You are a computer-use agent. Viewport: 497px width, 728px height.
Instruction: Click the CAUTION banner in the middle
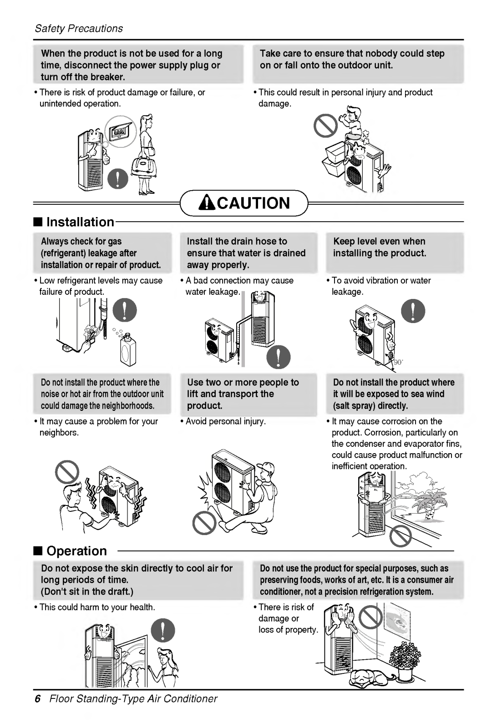point(244,203)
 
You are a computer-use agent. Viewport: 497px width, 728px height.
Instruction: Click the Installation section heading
point(80,222)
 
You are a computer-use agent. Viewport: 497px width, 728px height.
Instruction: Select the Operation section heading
point(76,551)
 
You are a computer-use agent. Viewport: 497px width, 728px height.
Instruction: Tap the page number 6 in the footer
point(38,698)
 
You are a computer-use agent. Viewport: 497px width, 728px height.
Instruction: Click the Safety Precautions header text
point(79,29)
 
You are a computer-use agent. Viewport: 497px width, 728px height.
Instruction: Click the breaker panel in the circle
point(120,131)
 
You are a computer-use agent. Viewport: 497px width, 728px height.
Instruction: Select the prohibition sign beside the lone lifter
point(204,522)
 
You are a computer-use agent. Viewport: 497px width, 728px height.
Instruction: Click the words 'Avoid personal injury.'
point(225,421)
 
